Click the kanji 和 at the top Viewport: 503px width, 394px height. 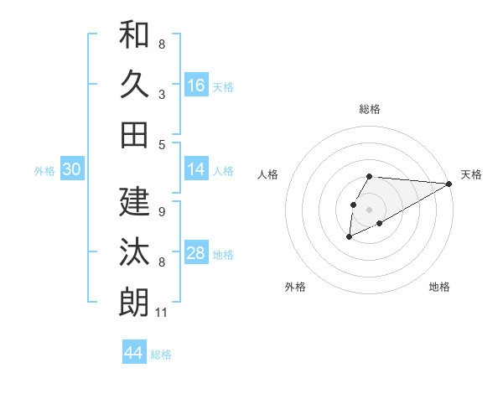coord(134,35)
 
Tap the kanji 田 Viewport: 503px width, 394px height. coord(134,134)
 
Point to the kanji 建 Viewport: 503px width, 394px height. coord(134,201)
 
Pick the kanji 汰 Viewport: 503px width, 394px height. coord(134,251)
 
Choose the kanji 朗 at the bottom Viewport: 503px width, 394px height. coord(134,302)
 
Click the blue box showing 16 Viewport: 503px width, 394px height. coord(196,86)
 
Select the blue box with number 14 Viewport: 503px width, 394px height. coord(196,169)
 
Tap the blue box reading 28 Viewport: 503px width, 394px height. coord(196,253)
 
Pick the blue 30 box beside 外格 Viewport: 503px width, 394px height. coord(71,169)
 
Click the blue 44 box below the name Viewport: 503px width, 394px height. coord(133,353)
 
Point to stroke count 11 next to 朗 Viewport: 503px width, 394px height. coord(162,314)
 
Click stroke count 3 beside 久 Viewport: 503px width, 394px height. coord(162,94)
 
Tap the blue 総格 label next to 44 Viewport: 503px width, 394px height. coord(161,355)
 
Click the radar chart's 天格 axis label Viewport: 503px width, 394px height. coord(471,174)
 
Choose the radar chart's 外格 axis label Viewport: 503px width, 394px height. coord(295,287)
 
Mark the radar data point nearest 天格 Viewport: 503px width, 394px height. coord(449,184)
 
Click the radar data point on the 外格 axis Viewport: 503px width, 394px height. coord(349,237)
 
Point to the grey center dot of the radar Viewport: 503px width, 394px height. coord(369,209)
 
